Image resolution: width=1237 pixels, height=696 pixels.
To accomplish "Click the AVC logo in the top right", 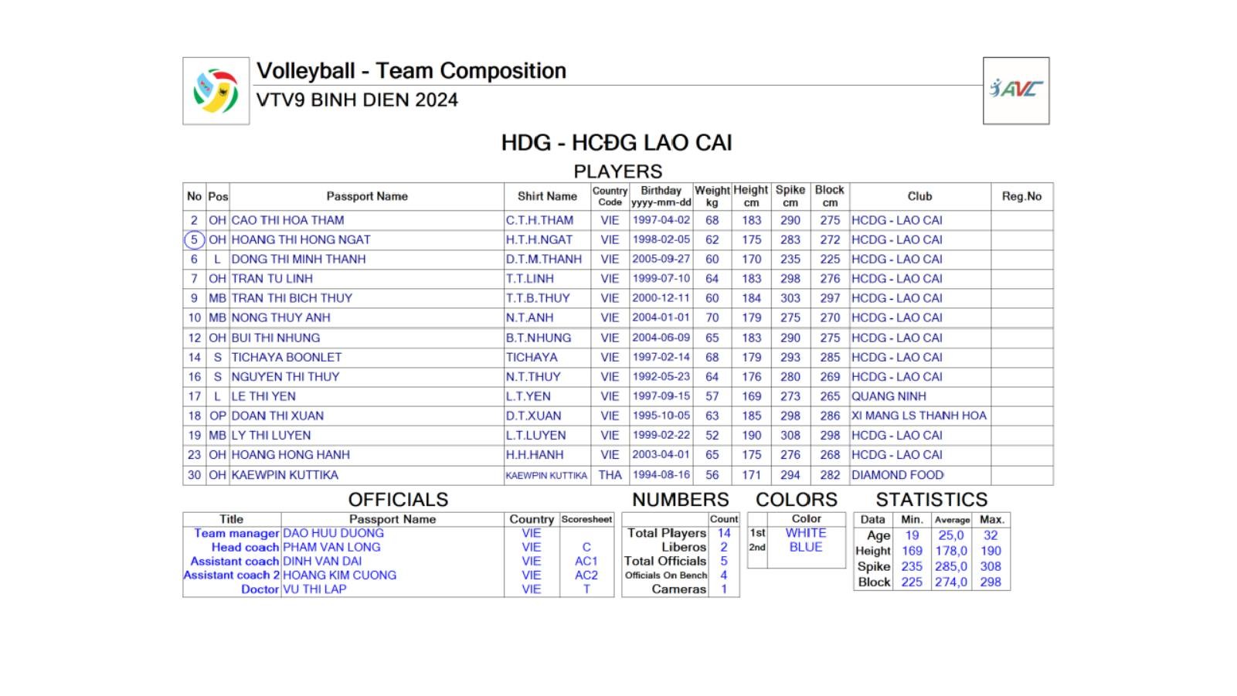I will [1015, 90].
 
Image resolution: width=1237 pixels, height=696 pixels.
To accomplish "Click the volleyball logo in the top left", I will [216, 90].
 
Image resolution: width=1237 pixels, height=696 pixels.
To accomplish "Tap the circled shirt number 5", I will [194, 239].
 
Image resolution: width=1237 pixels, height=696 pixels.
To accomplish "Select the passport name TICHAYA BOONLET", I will [286, 357].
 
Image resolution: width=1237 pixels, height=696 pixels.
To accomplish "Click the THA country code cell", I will [610, 475].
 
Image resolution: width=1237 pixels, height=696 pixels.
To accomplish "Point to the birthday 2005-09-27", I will [661, 259].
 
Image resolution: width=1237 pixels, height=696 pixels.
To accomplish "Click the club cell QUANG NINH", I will [889, 396].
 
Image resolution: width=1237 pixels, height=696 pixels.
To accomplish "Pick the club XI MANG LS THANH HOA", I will [919, 416].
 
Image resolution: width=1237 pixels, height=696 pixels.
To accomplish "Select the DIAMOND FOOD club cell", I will [897, 475].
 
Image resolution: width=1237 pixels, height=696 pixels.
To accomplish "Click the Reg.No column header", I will [1021, 196].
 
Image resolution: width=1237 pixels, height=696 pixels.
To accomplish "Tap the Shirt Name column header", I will [547, 196].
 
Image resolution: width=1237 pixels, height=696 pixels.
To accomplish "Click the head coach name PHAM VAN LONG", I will [331, 547].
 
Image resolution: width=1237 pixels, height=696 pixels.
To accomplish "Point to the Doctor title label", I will [260, 589].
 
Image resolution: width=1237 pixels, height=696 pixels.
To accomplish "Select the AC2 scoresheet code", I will [586, 575].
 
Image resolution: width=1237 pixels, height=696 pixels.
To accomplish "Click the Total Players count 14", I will [724, 533].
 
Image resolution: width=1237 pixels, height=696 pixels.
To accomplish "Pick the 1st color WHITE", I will [806, 533].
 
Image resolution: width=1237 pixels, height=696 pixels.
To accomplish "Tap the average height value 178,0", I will [951, 551].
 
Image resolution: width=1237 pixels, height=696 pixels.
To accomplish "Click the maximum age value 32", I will [991, 535].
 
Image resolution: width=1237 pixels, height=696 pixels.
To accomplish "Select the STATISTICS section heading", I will [931, 500].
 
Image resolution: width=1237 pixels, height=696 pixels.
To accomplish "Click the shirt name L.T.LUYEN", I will [535, 436].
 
